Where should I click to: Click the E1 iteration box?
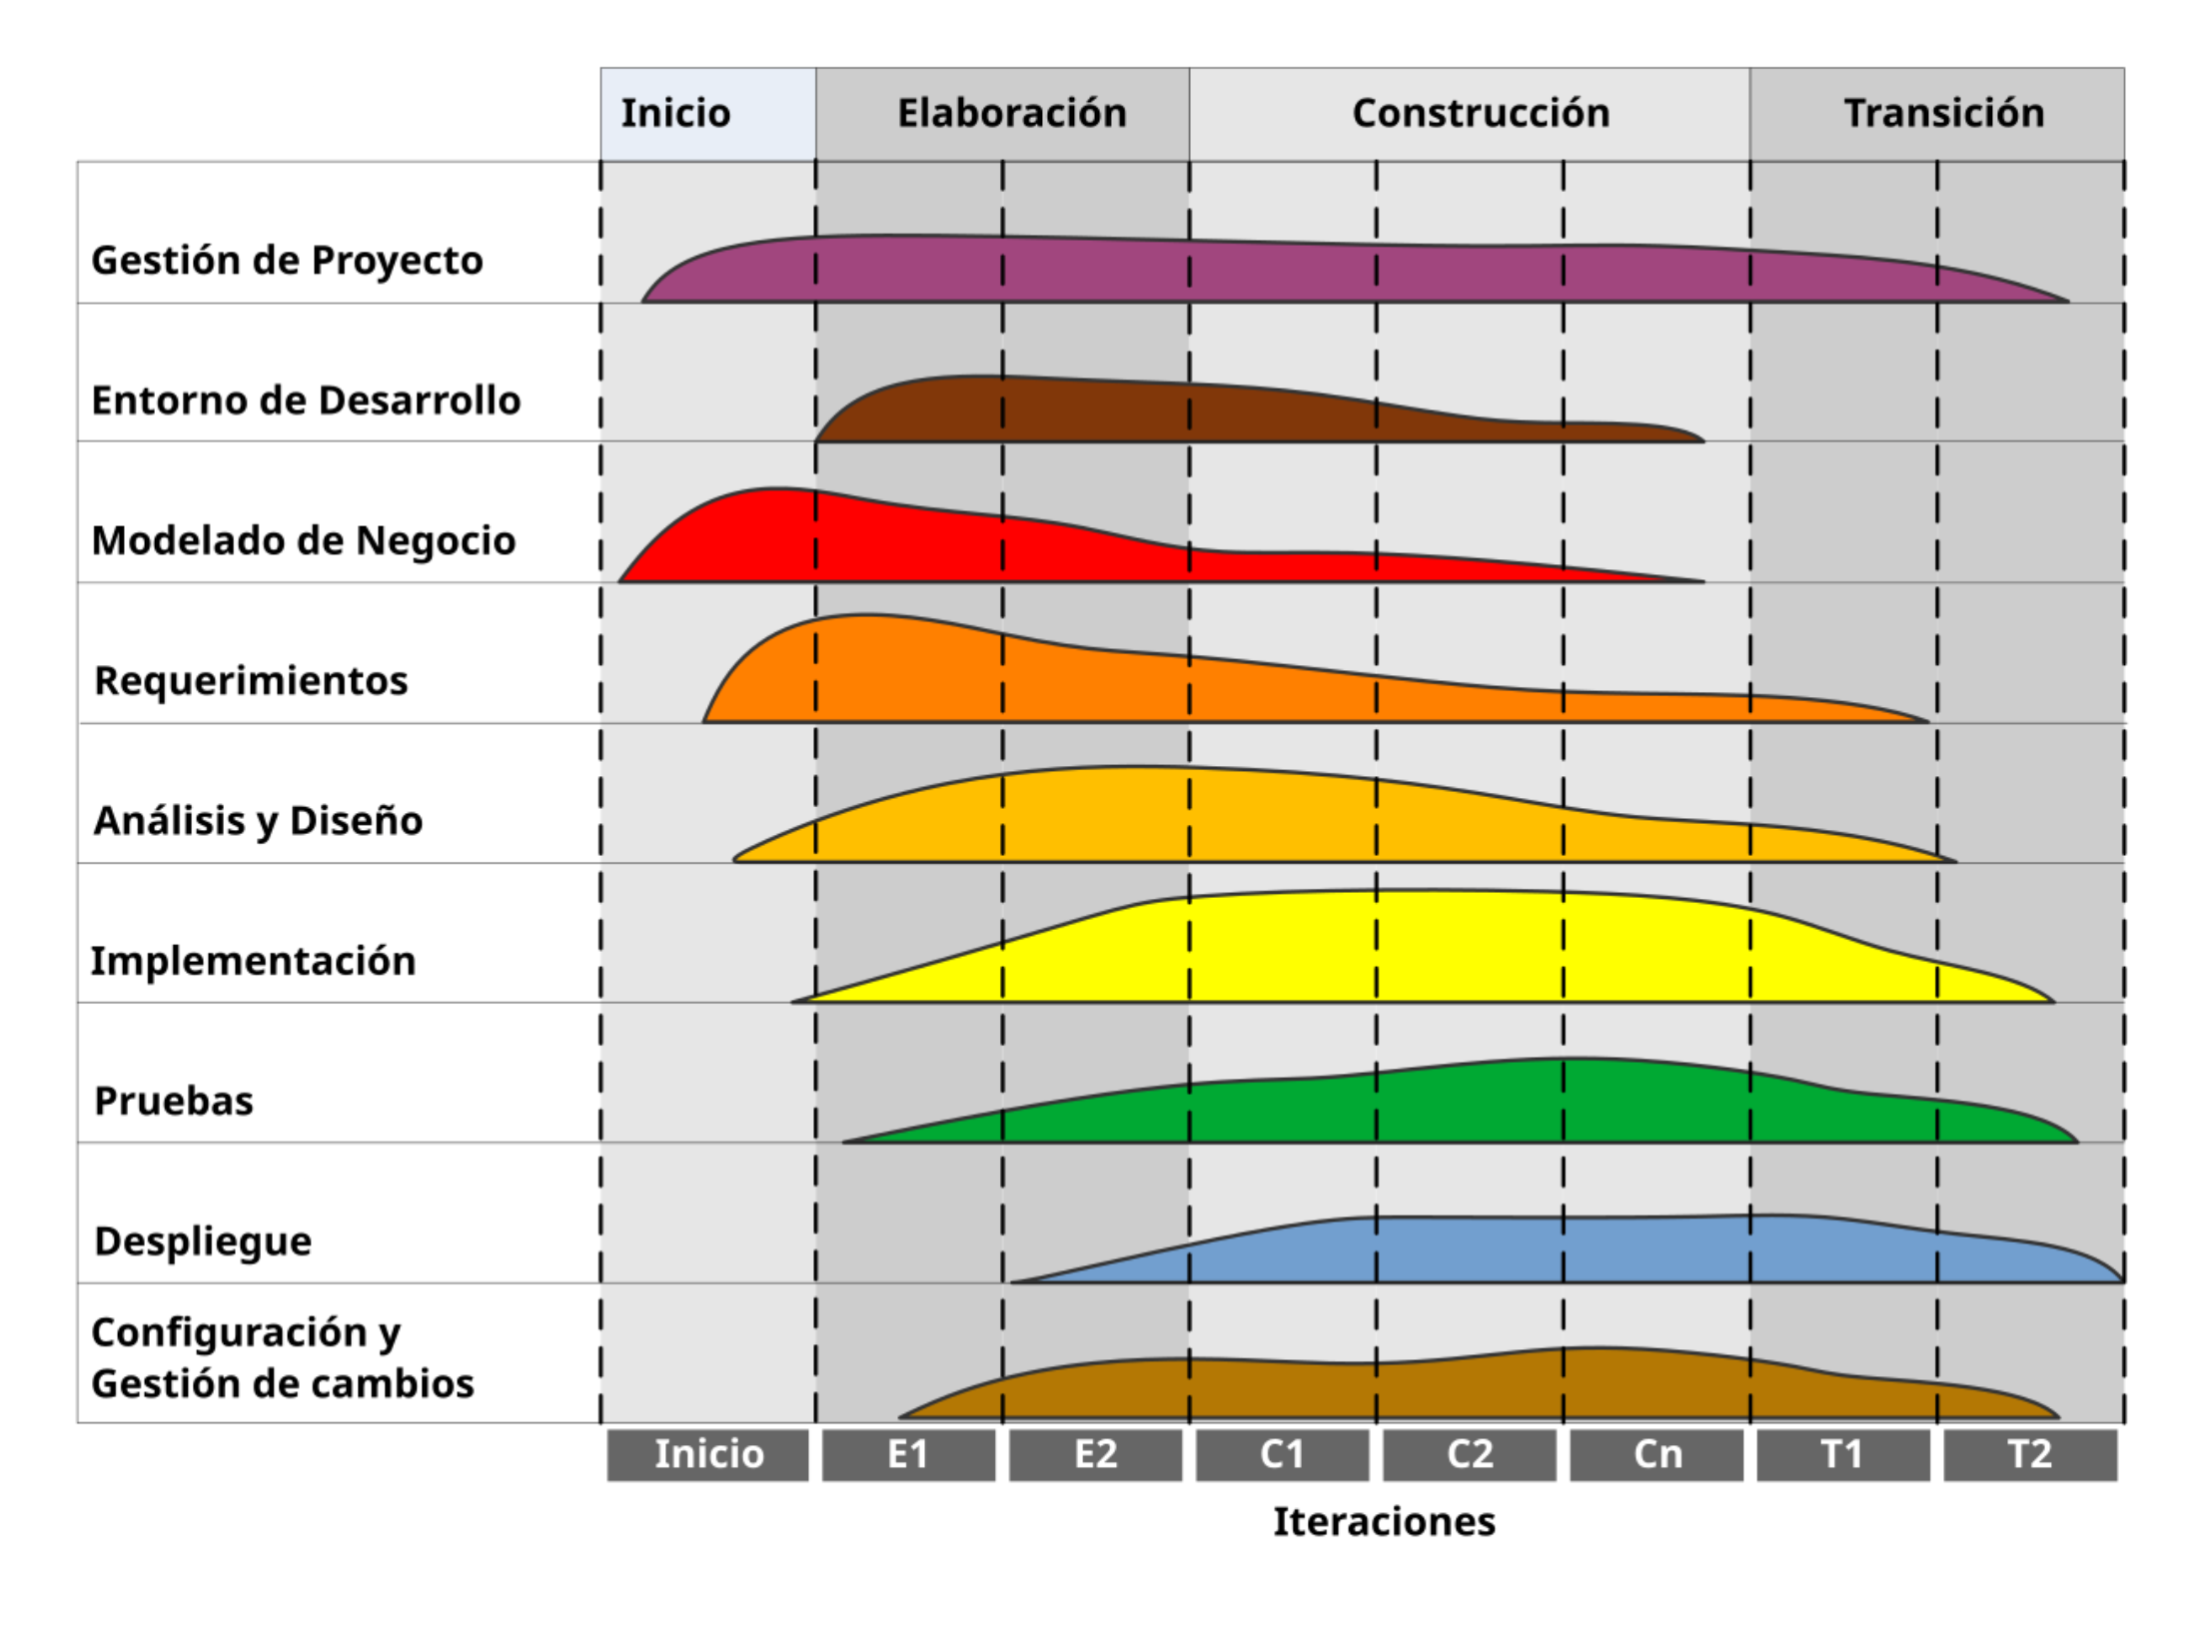(x=907, y=1453)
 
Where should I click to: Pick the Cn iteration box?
(x=1655, y=1453)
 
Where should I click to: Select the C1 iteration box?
(x=1281, y=1453)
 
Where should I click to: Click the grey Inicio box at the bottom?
(x=707, y=1453)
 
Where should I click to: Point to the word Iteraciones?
(x=1383, y=1521)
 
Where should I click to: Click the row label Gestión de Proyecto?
(x=287, y=260)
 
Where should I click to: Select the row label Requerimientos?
(x=251, y=680)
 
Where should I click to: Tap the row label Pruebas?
(x=173, y=1101)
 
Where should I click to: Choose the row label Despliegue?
(x=203, y=1240)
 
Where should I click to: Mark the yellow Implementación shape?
(x=1449, y=949)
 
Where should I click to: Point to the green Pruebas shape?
(x=1499, y=1104)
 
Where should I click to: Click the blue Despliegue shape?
(x=1599, y=1250)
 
